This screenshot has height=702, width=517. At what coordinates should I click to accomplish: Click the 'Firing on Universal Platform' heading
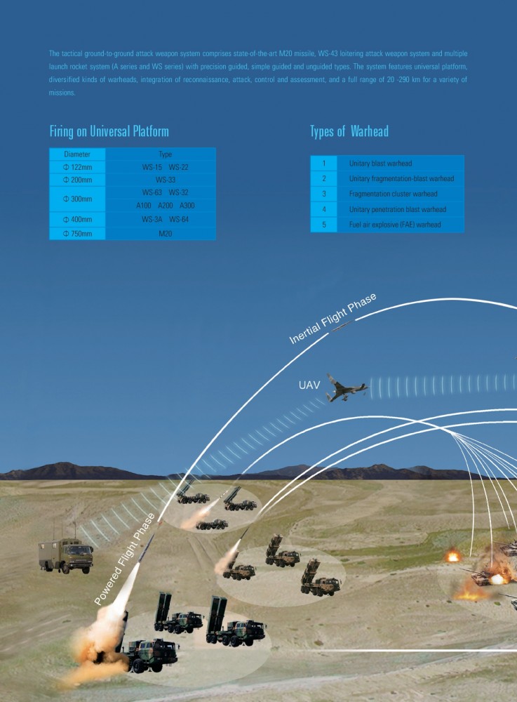click(x=109, y=131)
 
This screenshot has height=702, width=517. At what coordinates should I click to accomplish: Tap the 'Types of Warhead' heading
click(x=349, y=131)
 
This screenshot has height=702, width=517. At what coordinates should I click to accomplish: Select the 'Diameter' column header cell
click(x=77, y=154)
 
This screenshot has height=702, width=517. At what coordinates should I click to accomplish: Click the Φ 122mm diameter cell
click(x=77, y=167)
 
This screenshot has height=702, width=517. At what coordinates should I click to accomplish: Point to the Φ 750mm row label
click(x=77, y=233)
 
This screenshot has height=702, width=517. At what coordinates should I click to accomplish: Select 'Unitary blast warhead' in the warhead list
click(x=380, y=163)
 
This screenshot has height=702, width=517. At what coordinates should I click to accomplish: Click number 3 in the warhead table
click(x=324, y=194)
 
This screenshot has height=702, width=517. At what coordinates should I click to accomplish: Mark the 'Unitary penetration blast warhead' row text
click(x=397, y=209)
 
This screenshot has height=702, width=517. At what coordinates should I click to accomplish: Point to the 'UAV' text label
click(x=309, y=385)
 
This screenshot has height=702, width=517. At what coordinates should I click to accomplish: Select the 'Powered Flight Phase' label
click(x=125, y=559)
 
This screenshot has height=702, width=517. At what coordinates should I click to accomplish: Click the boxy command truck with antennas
click(x=65, y=554)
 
